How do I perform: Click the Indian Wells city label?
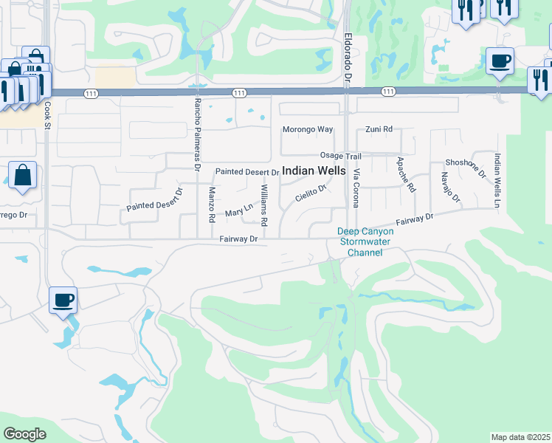point(314,171)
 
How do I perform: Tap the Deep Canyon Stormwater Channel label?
point(365,242)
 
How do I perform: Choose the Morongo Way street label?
point(308,130)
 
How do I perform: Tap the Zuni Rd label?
point(379,130)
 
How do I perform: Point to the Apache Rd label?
point(405,175)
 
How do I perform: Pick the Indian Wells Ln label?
point(498,179)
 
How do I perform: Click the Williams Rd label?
point(263,205)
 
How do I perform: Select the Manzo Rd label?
point(212,205)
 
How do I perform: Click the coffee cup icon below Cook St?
point(63,300)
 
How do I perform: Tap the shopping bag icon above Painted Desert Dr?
point(23,176)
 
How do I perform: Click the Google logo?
point(25,434)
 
